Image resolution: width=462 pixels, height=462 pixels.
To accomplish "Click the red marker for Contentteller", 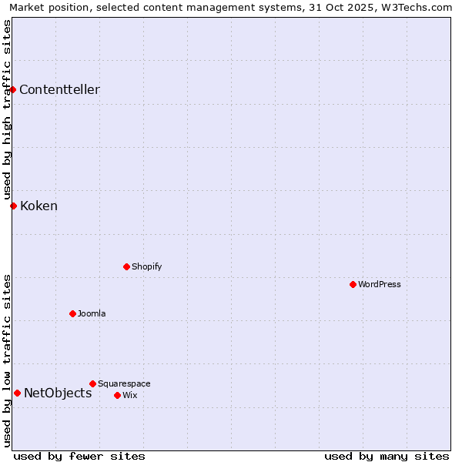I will pos(13,89).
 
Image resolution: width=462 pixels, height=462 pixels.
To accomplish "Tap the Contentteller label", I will pos(59,90).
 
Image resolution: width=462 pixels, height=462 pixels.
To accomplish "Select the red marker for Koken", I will pos(13,206).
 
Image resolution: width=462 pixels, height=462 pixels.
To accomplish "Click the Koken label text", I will pos(38,206).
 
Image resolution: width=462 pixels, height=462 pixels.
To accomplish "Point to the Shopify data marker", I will pos(126,266).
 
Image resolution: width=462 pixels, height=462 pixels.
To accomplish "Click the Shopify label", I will pos(146,266).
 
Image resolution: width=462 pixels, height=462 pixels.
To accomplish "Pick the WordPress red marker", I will pos(353,284).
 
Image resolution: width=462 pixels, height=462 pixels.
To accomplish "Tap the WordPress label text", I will pos(379,284).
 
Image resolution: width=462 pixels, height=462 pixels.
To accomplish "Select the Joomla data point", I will pos(72,313).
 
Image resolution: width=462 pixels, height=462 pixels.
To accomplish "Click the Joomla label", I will pos(92,313).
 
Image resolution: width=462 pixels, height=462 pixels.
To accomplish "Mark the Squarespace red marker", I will pos(92,383).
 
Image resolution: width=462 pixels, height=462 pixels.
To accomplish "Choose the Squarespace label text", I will pos(124,383).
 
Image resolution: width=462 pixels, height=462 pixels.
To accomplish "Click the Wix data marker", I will pos(117,395).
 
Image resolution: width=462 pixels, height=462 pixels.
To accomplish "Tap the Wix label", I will pos(129,395).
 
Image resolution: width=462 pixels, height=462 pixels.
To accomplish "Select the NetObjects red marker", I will pos(17,393).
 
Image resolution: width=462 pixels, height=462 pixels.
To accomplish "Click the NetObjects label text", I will pos(58,393).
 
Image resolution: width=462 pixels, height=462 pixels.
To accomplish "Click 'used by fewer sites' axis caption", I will pos(79,456).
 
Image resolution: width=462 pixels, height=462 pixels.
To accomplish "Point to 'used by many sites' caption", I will pos(387,456).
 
